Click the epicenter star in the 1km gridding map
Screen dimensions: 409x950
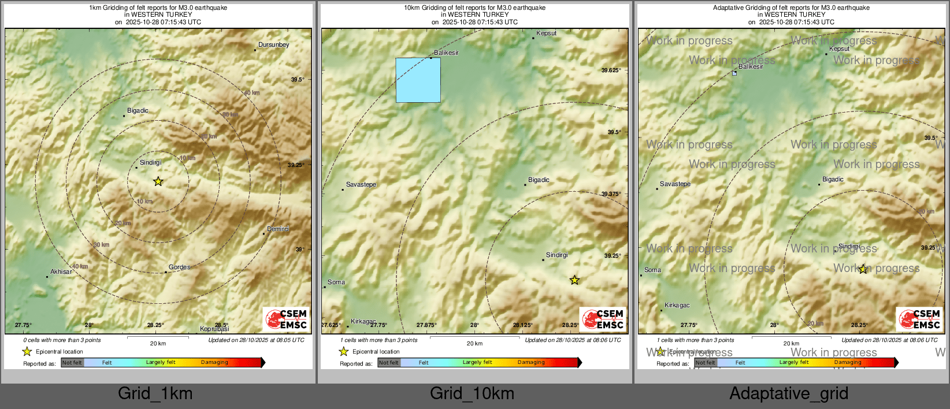[x=158, y=181]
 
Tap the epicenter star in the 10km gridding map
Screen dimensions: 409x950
[x=574, y=280]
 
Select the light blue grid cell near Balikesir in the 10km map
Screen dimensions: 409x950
[x=418, y=80]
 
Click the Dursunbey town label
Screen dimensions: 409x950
[x=273, y=44]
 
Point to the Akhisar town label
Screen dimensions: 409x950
[x=61, y=272]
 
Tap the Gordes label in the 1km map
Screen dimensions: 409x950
[x=179, y=267]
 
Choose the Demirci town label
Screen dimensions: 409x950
[x=278, y=229]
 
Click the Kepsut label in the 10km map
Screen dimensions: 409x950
[x=546, y=33]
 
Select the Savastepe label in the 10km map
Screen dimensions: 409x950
[x=361, y=184]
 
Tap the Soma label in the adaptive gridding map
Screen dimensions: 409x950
[x=652, y=270]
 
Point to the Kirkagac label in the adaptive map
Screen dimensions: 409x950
[x=677, y=305]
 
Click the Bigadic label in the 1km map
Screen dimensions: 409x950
[x=138, y=110]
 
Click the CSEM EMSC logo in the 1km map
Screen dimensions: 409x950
[x=287, y=319]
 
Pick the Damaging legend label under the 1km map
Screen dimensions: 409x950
[x=214, y=362]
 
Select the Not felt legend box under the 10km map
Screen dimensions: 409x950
[x=389, y=363]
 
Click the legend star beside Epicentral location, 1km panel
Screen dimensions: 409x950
[x=27, y=351]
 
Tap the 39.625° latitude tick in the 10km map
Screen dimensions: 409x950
[x=611, y=70]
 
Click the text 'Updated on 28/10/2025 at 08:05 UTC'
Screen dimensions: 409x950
[x=256, y=340]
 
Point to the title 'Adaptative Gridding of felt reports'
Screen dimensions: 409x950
[x=791, y=8]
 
